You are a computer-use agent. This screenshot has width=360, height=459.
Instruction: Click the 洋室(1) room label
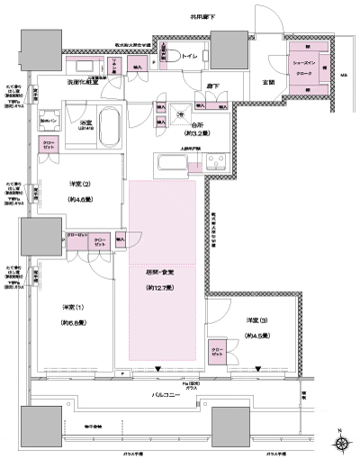tap(73, 307)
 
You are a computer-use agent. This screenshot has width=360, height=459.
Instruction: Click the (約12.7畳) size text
tap(162, 289)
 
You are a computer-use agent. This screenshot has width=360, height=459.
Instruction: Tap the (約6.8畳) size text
tap(73, 322)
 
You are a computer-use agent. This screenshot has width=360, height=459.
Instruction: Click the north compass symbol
tap(343, 441)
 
